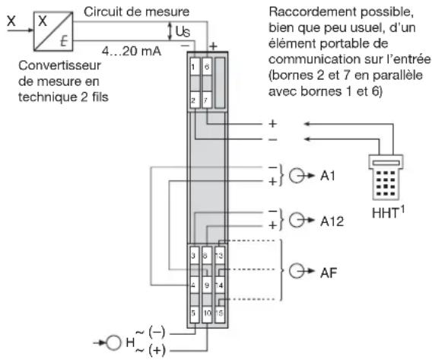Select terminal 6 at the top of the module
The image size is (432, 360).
[x=206, y=68]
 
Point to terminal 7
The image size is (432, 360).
[x=206, y=100]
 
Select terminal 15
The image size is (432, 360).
[x=220, y=313]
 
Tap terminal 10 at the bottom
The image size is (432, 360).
[x=206, y=313]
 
